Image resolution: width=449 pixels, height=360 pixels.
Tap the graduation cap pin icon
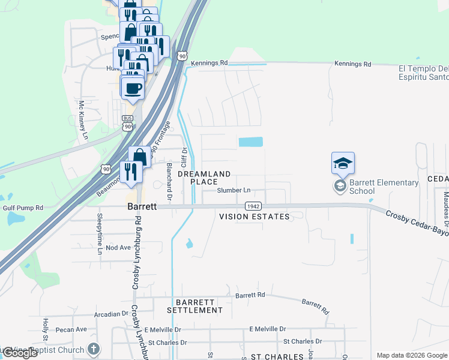(343, 163)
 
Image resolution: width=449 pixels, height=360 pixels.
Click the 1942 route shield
(253, 206)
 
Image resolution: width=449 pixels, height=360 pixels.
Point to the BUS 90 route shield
(127, 122)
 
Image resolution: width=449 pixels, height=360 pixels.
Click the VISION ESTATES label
(254, 216)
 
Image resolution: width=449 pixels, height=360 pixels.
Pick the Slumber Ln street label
(234, 191)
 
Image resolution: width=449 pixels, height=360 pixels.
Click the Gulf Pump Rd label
(23, 208)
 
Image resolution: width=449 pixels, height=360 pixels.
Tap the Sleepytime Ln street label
(100, 233)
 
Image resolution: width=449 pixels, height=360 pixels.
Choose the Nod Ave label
(118, 247)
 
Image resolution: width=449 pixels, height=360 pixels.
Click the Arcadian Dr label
(112, 314)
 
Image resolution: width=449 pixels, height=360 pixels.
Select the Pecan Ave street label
(71, 329)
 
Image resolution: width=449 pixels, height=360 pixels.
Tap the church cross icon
(93, 349)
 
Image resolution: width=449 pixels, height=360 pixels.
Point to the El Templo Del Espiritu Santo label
(424, 73)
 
